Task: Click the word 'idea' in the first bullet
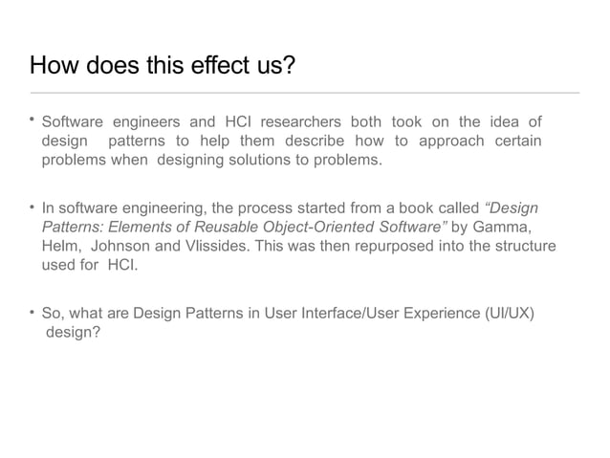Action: [x=506, y=122]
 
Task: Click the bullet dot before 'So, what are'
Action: [x=33, y=311]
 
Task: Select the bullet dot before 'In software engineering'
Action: [x=33, y=207]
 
